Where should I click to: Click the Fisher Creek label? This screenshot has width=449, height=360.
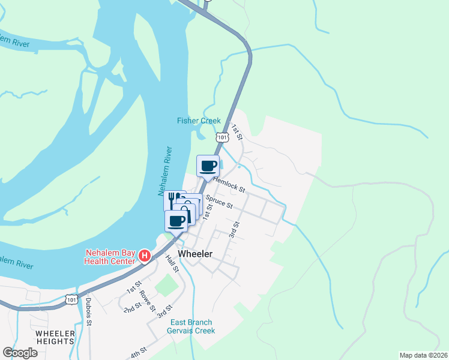(199, 121)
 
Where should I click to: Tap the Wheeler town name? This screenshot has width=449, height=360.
(195, 254)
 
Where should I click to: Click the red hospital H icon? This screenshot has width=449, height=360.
(144, 256)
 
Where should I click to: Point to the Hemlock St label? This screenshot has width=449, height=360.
(230, 184)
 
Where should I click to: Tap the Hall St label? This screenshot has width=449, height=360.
(172, 262)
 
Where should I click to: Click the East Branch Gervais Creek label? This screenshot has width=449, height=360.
(194, 326)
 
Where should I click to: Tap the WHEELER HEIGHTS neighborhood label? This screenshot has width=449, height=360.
(55, 337)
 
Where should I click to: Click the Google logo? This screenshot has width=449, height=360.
(20, 353)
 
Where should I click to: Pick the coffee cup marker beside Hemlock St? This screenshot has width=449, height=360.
(208, 166)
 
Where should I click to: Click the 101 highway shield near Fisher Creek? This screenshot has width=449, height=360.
(222, 137)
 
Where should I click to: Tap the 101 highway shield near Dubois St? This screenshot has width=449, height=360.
(71, 298)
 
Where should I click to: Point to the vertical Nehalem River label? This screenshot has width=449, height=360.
(166, 171)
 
